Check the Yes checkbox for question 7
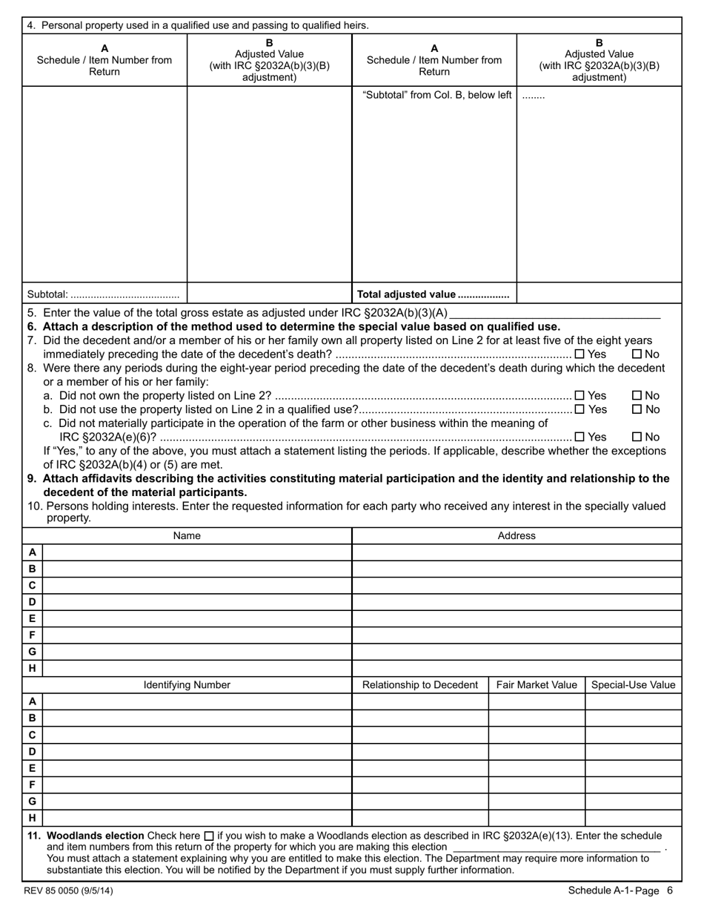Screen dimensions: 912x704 (580, 354)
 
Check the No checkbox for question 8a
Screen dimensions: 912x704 (636, 396)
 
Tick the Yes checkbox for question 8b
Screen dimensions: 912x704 (580, 409)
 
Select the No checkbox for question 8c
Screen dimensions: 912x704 (636, 437)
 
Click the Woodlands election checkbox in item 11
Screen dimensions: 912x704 (208, 835)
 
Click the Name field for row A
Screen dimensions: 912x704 (196, 552)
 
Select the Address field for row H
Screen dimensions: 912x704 (516, 668)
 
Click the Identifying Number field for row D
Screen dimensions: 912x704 (196, 751)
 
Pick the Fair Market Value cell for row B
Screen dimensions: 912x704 (537, 718)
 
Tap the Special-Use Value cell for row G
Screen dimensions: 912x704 (633, 802)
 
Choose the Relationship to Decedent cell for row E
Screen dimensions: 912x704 (419, 768)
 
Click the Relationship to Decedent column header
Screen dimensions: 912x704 (419, 685)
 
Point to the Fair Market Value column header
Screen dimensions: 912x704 (537, 685)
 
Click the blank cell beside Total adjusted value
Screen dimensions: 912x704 (599, 294)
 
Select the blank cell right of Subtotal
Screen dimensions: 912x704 (268, 294)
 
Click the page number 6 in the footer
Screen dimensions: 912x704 (669, 890)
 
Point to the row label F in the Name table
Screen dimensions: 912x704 (32, 635)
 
